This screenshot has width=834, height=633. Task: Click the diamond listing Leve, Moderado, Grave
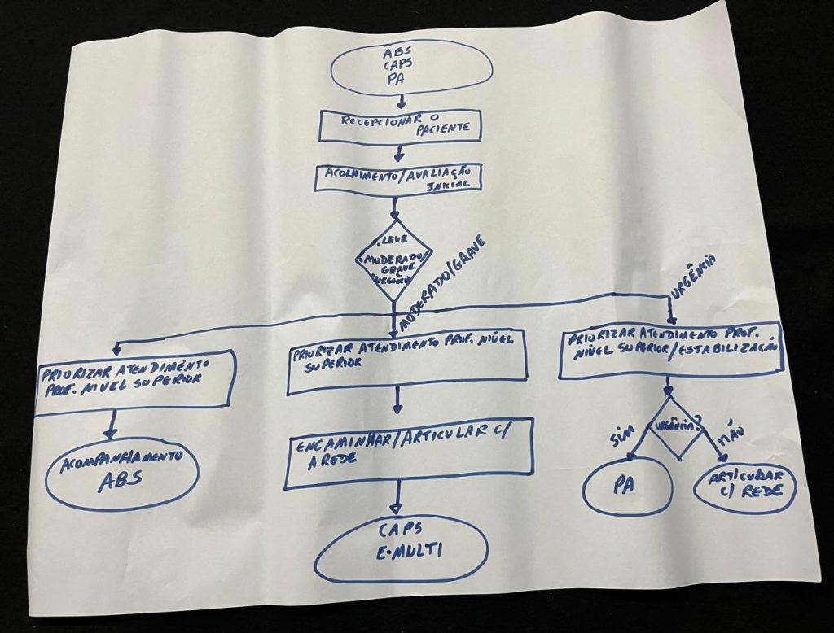click(394, 261)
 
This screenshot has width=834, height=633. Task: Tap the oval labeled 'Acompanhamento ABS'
click(122, 471)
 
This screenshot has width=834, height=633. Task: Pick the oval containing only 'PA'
click(626, 486)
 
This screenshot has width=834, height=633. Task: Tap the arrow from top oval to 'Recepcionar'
click(400, 102)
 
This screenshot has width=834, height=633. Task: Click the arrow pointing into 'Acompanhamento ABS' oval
click(112, 425)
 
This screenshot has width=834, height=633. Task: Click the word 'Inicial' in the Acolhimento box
click(454, 187)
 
